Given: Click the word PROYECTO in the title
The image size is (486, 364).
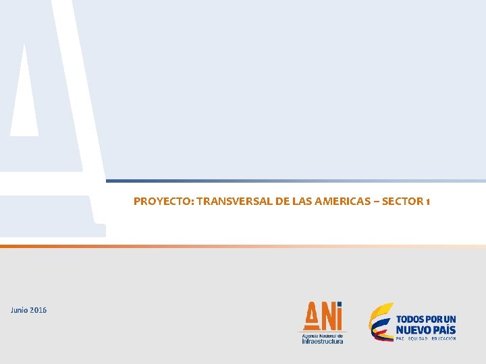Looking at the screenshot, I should [x=155, y=201].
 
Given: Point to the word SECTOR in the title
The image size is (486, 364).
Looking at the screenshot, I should [x=402, y=201].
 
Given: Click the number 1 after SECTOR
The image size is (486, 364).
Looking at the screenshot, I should [x=428, y=201].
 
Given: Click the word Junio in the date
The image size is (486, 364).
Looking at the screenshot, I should [x=20, y=310].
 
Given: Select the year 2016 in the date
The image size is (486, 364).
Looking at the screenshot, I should [x=39, y=310].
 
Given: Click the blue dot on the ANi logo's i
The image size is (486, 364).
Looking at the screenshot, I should [x=339, y=305].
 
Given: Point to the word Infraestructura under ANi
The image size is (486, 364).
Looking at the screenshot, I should [x=322, y=341].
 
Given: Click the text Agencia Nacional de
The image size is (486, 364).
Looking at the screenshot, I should [x=322, y=335].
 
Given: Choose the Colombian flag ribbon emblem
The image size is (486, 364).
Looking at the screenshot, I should [x=380, y=321].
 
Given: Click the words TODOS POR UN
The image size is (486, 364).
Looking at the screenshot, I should [x=425, y=319].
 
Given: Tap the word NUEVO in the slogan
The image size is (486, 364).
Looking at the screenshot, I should [x=414, y=330].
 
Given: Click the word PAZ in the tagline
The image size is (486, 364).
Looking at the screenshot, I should [x=400, y=338].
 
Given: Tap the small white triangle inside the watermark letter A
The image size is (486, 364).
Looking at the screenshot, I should [x=24, y=91].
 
